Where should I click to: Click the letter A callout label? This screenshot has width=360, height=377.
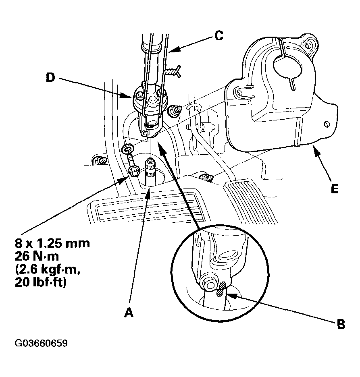[128, 312]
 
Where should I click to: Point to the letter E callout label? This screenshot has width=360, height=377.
[334, 188]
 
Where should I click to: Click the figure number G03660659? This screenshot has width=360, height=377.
[41, 344]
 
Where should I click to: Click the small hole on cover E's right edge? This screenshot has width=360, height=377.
[327, 124]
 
